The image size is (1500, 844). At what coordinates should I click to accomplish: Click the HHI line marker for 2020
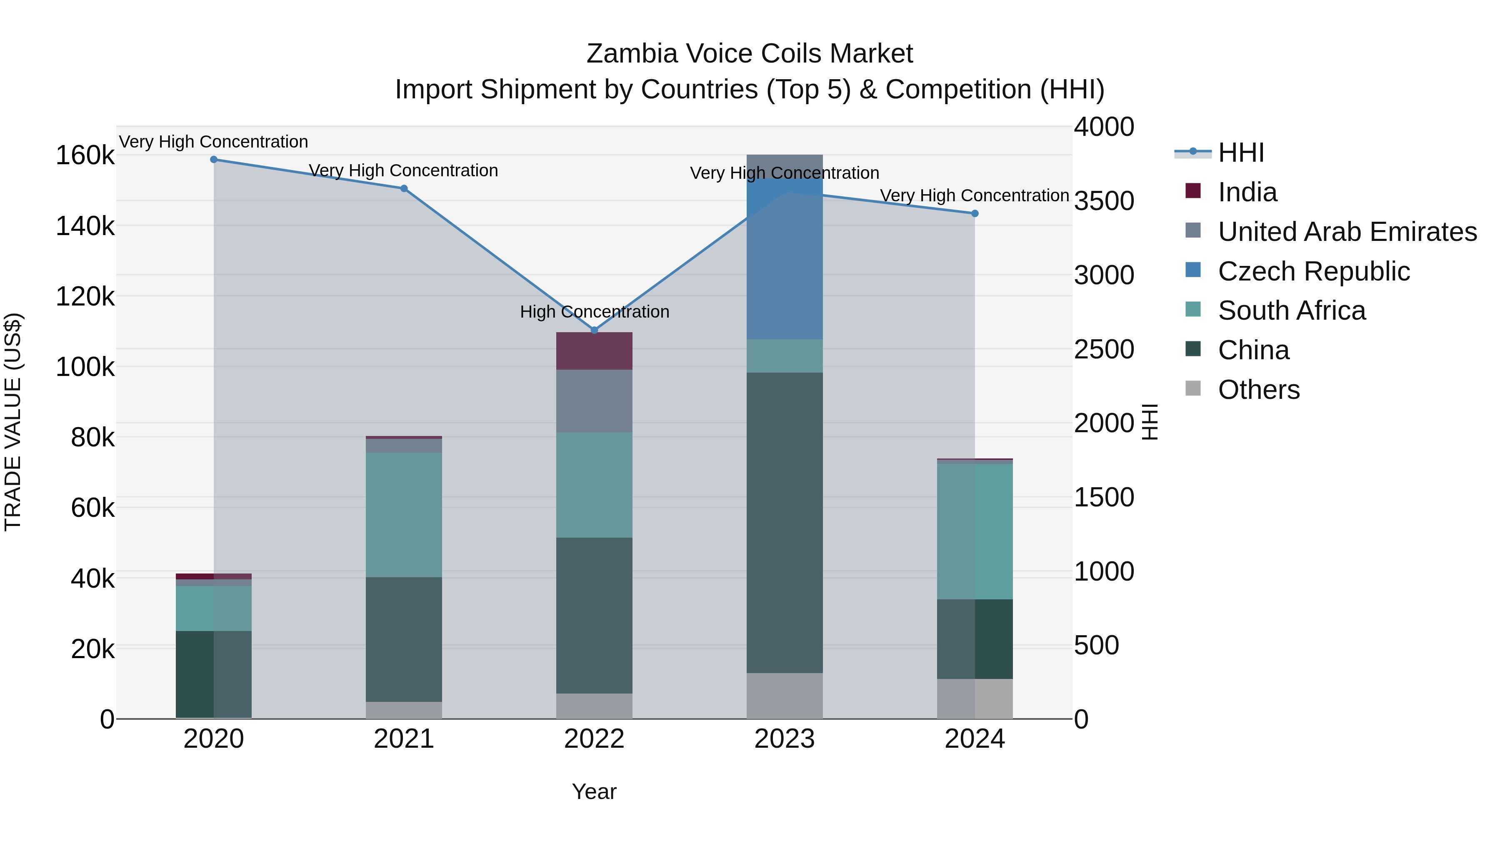pos(214,160)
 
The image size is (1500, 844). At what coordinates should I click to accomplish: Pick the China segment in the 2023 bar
pos(784,523)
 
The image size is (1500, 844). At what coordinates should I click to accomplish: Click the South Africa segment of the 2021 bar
pos(404,515)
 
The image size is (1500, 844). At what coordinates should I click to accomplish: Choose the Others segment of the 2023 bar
pos(784,696)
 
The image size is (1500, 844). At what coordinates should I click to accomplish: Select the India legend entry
pos(1247,192)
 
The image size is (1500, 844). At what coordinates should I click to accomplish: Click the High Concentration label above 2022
pos(595,312)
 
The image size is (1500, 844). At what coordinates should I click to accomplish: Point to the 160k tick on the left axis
pos(85,156)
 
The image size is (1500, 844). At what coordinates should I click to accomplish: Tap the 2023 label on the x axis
pos(784,739)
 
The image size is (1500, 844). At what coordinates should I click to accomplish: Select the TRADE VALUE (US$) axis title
pos(13,422)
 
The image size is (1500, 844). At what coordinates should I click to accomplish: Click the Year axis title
pos(594,791)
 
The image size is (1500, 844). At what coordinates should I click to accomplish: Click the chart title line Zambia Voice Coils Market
pos(750,54)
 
